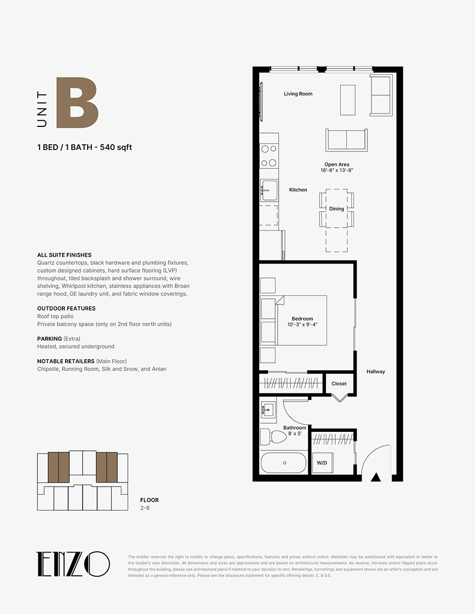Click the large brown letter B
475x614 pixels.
[77, 102]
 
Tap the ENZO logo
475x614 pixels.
[73, 564]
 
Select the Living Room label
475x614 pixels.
[298, 94]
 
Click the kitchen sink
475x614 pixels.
[269, 190]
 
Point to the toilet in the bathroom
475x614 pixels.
[274, 436]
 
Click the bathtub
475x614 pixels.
[283, 463]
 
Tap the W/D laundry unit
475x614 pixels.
[322, 463]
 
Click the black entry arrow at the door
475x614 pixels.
[376, 477]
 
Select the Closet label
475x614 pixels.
[339, 384]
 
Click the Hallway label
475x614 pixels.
[376, 371]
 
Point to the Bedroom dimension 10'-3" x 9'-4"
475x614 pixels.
[302, 325]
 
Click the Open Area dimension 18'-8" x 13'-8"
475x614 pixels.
[337, 170]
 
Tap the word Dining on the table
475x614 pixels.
[336, 209]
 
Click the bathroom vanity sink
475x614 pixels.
[267, 409]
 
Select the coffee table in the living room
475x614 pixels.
[348, 100]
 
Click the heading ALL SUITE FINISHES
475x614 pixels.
[64, 255]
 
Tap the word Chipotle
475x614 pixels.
[48, 369]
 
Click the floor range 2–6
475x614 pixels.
[145, 508]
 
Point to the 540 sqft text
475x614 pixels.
[116, 147]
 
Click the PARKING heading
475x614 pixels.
[50, 339]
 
